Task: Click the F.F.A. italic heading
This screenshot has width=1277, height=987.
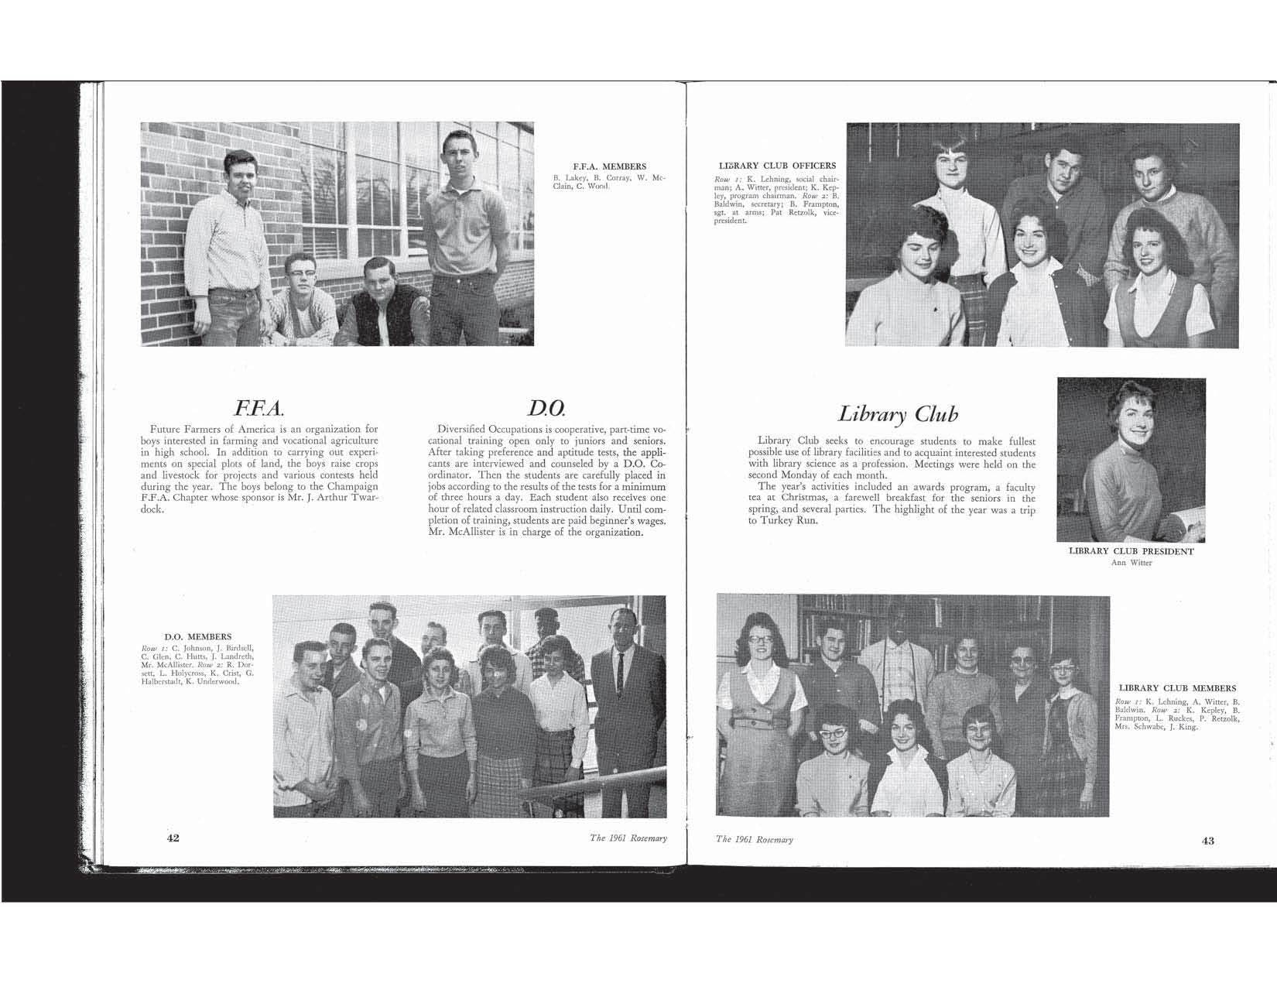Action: click(x=263, y=407)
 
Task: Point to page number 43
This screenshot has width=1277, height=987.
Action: click(x=1208, y=841)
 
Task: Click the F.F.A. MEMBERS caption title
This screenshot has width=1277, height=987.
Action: click(x=609, y=166)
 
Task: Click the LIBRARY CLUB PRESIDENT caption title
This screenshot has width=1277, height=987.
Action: click(x=1131, y=552)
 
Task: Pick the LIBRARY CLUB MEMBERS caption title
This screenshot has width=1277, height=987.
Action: click(x=1177, y=688)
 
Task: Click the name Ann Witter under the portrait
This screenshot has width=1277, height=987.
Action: click(x=1131, y=563)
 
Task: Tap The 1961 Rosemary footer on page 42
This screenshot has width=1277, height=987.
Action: click(x=628, y=838)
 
